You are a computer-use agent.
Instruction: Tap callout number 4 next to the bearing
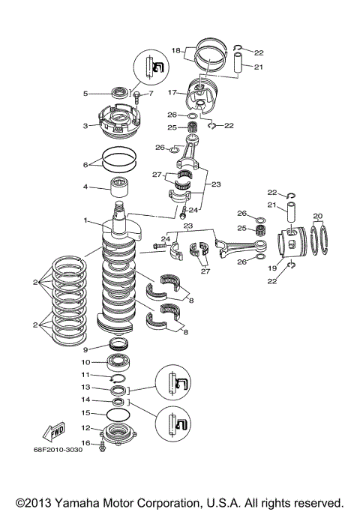coord(85,186)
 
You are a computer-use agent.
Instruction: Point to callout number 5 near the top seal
coord(85,94)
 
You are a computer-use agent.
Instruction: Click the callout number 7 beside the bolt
coord(150,94)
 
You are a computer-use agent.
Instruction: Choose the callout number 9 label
coord(85,349)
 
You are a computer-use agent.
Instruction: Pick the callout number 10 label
coord(85,362)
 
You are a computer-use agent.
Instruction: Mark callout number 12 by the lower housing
coord(85,428)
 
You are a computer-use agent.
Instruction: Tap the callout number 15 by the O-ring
coord(85,413)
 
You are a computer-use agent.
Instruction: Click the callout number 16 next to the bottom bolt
coord(85,443)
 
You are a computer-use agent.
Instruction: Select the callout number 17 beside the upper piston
coord(172,94)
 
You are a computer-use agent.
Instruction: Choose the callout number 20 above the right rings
coord(317,216)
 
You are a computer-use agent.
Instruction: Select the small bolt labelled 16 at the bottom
coord(103,445)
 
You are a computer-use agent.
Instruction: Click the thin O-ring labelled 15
coord(115,414)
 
